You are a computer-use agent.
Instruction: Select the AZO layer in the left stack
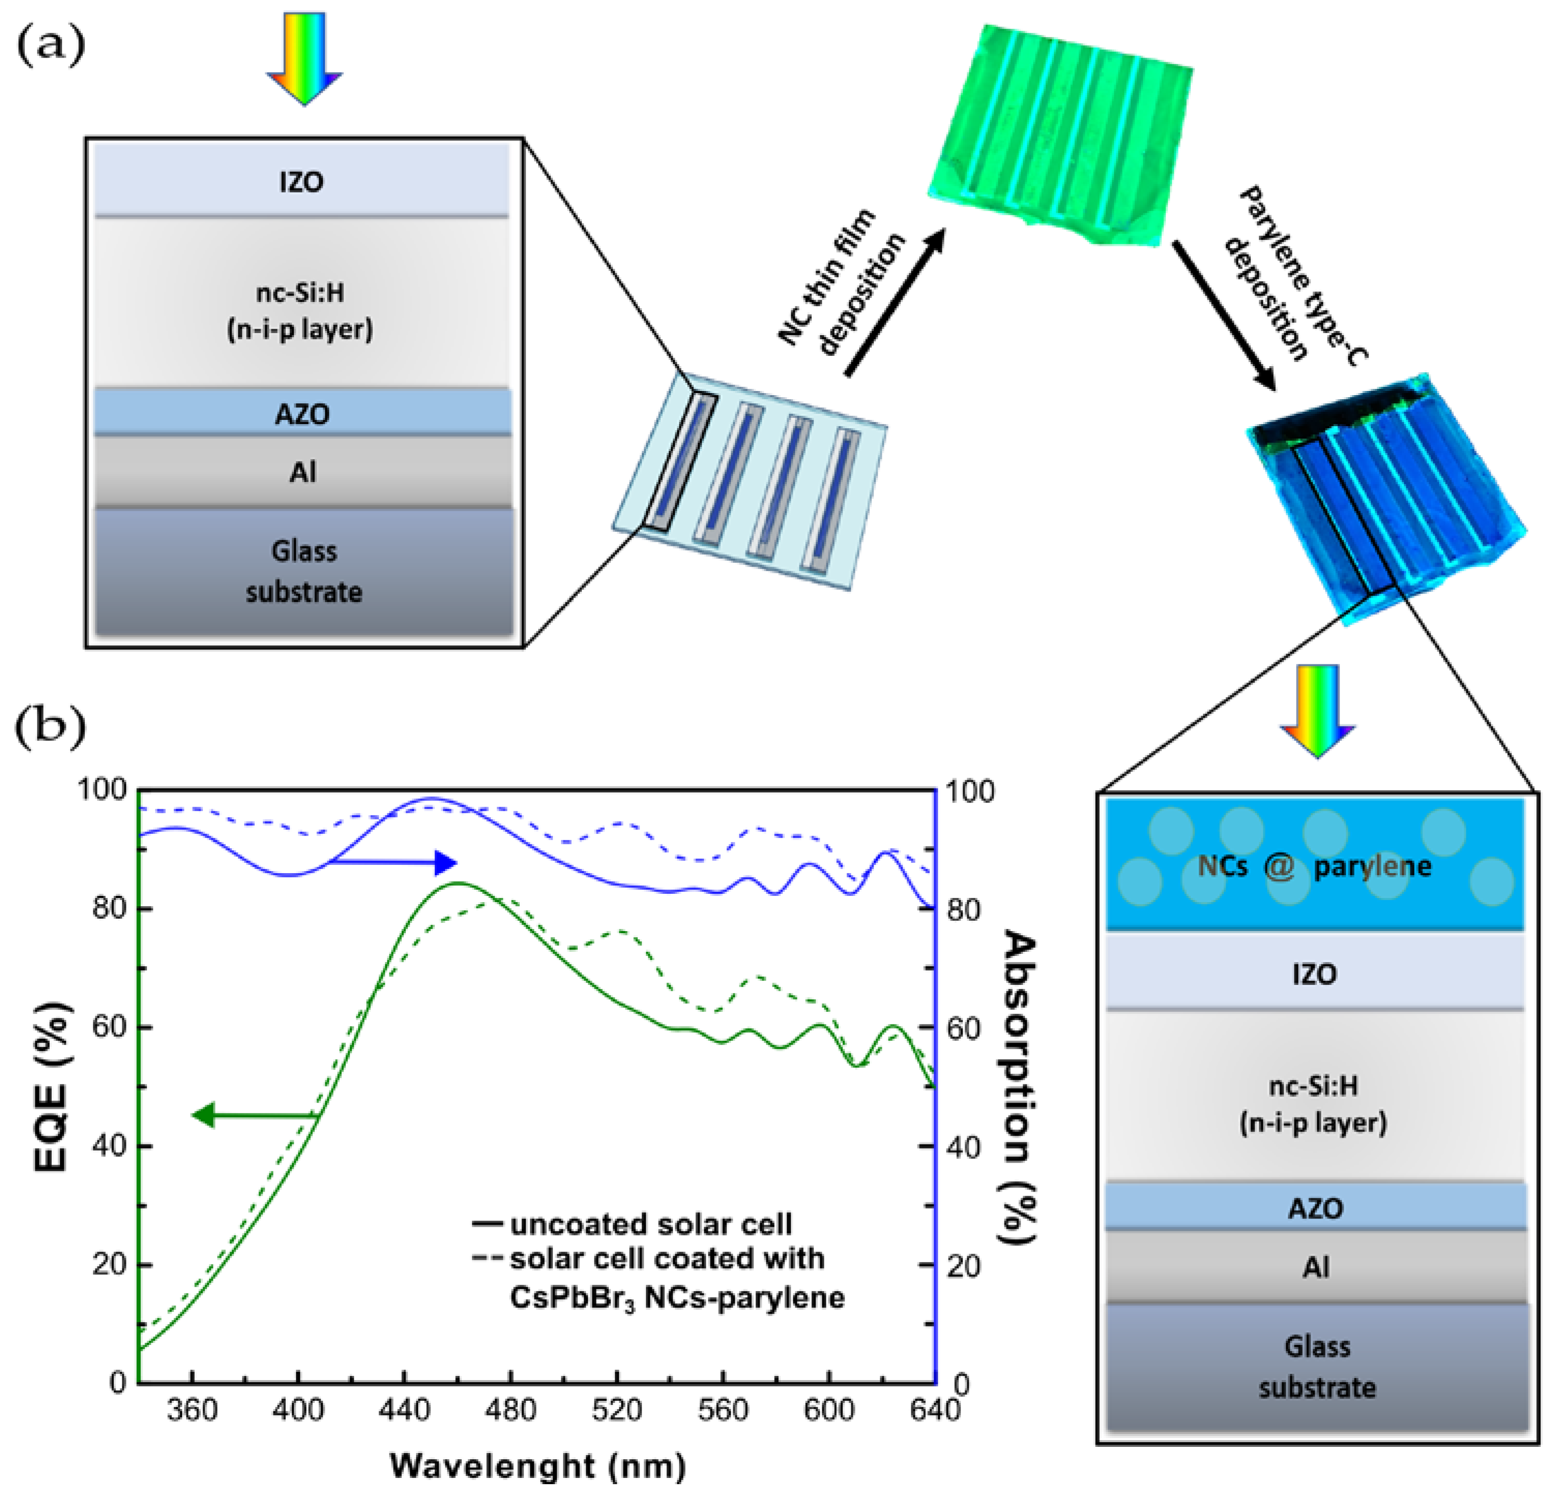tap(301, 414)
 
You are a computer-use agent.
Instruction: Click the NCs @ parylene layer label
tap(1314, 865)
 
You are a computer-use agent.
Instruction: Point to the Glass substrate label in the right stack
tap(1316, 1368)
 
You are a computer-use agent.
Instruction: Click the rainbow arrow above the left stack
tap(304, 57)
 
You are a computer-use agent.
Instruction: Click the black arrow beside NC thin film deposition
tap(895, 302)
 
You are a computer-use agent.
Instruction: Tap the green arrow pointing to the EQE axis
tap(255, 1115)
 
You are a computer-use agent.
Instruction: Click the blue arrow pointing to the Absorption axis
tap(394, 862)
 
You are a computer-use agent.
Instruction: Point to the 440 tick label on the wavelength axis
tap(404, 1411)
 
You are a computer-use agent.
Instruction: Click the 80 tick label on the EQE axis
tap(109, 908)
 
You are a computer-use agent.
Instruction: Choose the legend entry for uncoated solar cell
tap(632, 1224)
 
